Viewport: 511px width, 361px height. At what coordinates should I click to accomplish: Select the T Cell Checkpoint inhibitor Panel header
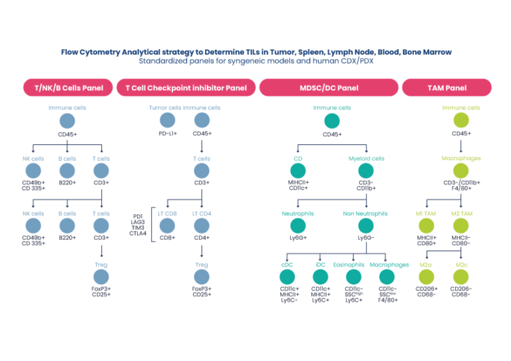coord(186,88)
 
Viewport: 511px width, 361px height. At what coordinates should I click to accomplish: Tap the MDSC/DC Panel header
coord(328,88)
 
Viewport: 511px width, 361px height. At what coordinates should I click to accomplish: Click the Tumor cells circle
coord(167,120)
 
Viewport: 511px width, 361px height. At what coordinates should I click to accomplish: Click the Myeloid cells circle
coord(364,171)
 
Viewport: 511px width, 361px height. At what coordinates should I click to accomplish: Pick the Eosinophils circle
coord(353,276)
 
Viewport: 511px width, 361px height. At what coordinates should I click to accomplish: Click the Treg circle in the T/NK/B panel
coord(101,276)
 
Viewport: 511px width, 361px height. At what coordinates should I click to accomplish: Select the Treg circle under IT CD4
coord(201,276)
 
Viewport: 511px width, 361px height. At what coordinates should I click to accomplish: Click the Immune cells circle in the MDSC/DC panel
coord(331,120)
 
